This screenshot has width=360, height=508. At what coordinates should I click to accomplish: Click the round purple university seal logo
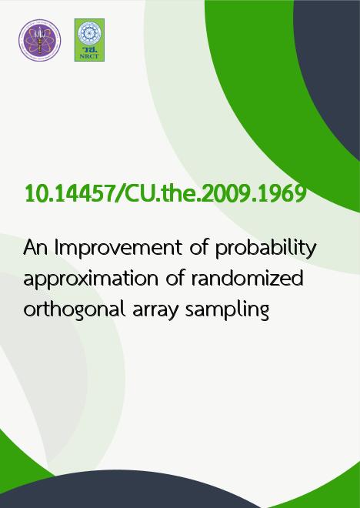(x=39, y=40)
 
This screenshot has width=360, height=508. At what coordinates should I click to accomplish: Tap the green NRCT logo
(x=89, y=40)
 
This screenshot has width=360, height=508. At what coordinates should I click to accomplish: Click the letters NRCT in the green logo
(x=89, y=56)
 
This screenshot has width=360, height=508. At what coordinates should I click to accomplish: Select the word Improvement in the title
(x=118, y=249)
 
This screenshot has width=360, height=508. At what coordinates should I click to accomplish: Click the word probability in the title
(x=265, y=249)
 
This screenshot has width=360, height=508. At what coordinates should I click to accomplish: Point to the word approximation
(x=92, y=279)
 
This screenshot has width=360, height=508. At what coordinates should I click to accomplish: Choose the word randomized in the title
(x=248, y=278)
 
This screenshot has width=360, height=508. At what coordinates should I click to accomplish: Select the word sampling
(x=227, y=309)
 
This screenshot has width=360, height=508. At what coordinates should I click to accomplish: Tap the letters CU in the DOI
(x=138, y=193)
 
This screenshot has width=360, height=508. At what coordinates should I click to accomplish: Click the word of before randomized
(x=175, y=278)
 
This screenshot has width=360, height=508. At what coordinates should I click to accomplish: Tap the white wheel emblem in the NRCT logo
(x=89, y=33)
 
